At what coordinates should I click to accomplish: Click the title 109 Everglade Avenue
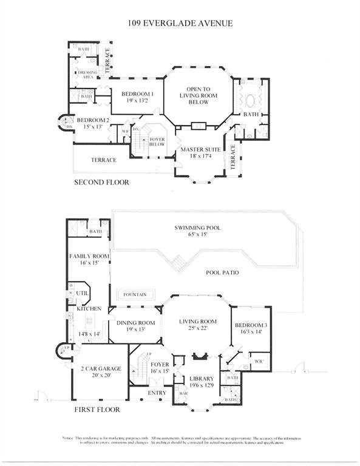(x=180, y=24)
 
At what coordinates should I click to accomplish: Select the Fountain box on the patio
(x=135, y=295)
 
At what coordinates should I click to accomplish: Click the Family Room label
(x=88, y=260)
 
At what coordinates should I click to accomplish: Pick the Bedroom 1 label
(x=137, y=97)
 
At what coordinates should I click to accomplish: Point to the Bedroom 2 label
(x=92, y=123)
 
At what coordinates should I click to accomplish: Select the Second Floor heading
(x=101, y=182)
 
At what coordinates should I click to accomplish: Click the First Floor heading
(x=97, y=410)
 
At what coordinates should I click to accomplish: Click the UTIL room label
(x=83, y=293)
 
